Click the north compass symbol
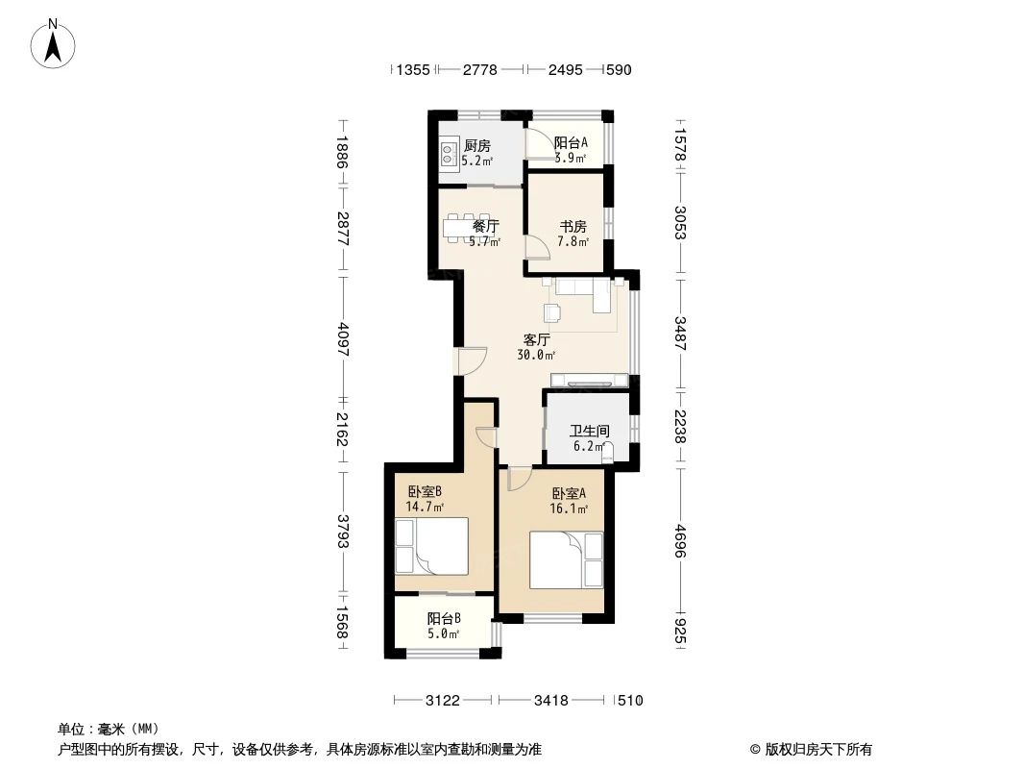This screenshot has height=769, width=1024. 55,42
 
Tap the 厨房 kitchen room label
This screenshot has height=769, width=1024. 476,146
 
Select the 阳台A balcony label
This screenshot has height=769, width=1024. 571,142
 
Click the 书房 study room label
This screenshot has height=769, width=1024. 573,227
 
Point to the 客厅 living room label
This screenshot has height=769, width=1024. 537,339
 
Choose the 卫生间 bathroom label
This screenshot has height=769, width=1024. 589,432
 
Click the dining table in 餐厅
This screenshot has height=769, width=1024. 466,228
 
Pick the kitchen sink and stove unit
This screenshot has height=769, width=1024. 448,152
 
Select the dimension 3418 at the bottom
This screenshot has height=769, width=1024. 551,701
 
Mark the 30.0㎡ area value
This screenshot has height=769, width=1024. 537,355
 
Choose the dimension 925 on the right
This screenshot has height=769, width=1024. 680,633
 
